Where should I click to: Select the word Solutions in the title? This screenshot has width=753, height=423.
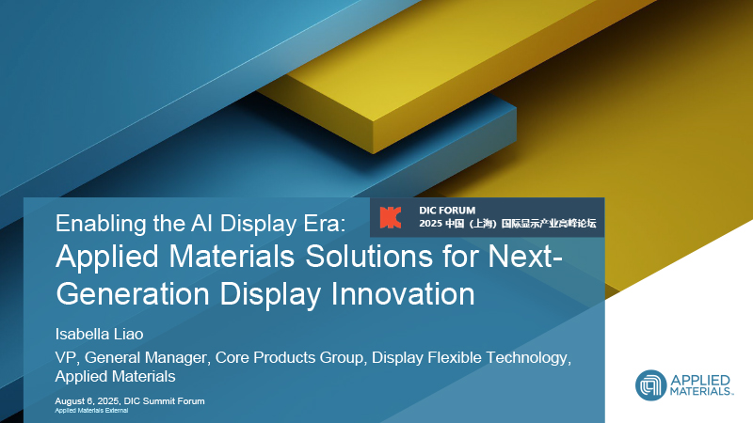369,256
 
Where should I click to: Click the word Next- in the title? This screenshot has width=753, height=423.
525,256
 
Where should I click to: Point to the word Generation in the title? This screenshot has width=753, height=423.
133,293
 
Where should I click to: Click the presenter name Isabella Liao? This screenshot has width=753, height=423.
99,334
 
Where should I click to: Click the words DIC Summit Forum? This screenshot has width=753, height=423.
164,401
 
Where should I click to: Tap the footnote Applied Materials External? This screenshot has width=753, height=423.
91,411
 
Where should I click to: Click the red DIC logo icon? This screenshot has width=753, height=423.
391,218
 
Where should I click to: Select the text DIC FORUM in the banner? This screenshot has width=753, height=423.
447,210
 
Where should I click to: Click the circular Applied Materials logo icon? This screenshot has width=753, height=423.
650,385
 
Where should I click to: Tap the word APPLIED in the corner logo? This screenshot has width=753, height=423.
700,381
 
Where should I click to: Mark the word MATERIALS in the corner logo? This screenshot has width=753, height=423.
701,392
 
